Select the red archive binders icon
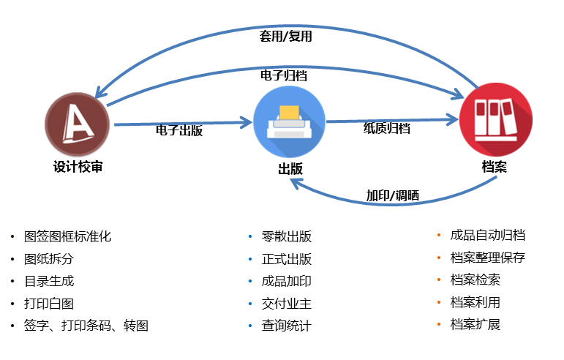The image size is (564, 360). pos(496,119)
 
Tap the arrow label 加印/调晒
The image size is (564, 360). pos(392,195)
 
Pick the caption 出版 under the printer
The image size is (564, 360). pos(290,169)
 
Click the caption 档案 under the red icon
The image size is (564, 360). pos(495,167)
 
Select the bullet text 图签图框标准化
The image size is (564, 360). pos(67,236)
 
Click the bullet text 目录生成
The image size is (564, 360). pos(49,281)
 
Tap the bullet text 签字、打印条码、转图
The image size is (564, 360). pos(86,326)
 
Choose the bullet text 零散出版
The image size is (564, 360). pos(287,236)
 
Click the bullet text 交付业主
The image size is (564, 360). pos(287,303)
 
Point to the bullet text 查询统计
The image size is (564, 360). pos(287,326)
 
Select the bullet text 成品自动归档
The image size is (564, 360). pos(488,235)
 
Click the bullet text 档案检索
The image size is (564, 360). pos(475,280)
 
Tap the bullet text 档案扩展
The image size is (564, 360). pos(475,324)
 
